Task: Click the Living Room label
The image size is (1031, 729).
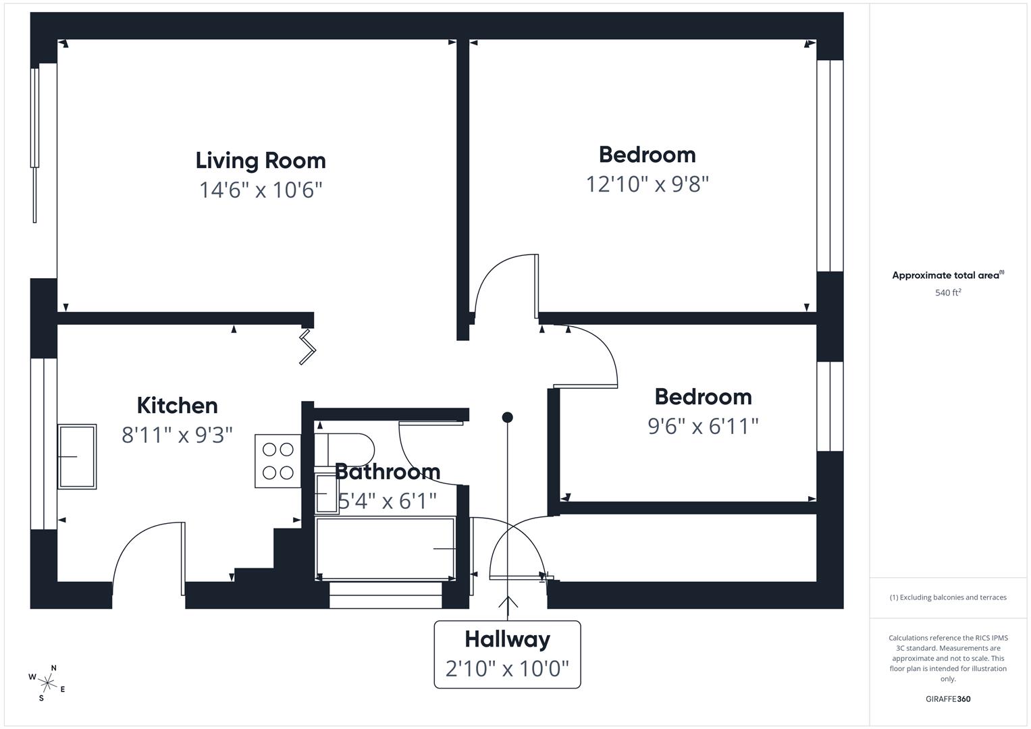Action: coord(261,161)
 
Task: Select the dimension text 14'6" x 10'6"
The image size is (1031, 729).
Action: coord(261,190)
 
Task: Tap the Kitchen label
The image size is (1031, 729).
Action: coord(177,406)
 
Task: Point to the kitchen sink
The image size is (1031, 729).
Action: coord(77,456)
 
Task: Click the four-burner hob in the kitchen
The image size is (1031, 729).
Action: coord(277,461)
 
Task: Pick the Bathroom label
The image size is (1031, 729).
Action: coord(387,471)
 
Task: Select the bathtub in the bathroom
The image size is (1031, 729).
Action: coord(385,549)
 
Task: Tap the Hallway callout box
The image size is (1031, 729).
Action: coord(507,654)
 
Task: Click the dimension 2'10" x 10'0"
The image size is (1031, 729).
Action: coord(507,669)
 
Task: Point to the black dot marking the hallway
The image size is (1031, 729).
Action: coord(507,418)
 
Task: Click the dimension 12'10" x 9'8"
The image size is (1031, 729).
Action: coord(647,184)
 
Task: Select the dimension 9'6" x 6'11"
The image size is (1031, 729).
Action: coord(703,426)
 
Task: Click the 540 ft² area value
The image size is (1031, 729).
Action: coord(947,292)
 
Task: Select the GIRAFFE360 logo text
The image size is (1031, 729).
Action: coord(947,699)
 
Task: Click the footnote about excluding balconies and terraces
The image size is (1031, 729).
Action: coord(947,597)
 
